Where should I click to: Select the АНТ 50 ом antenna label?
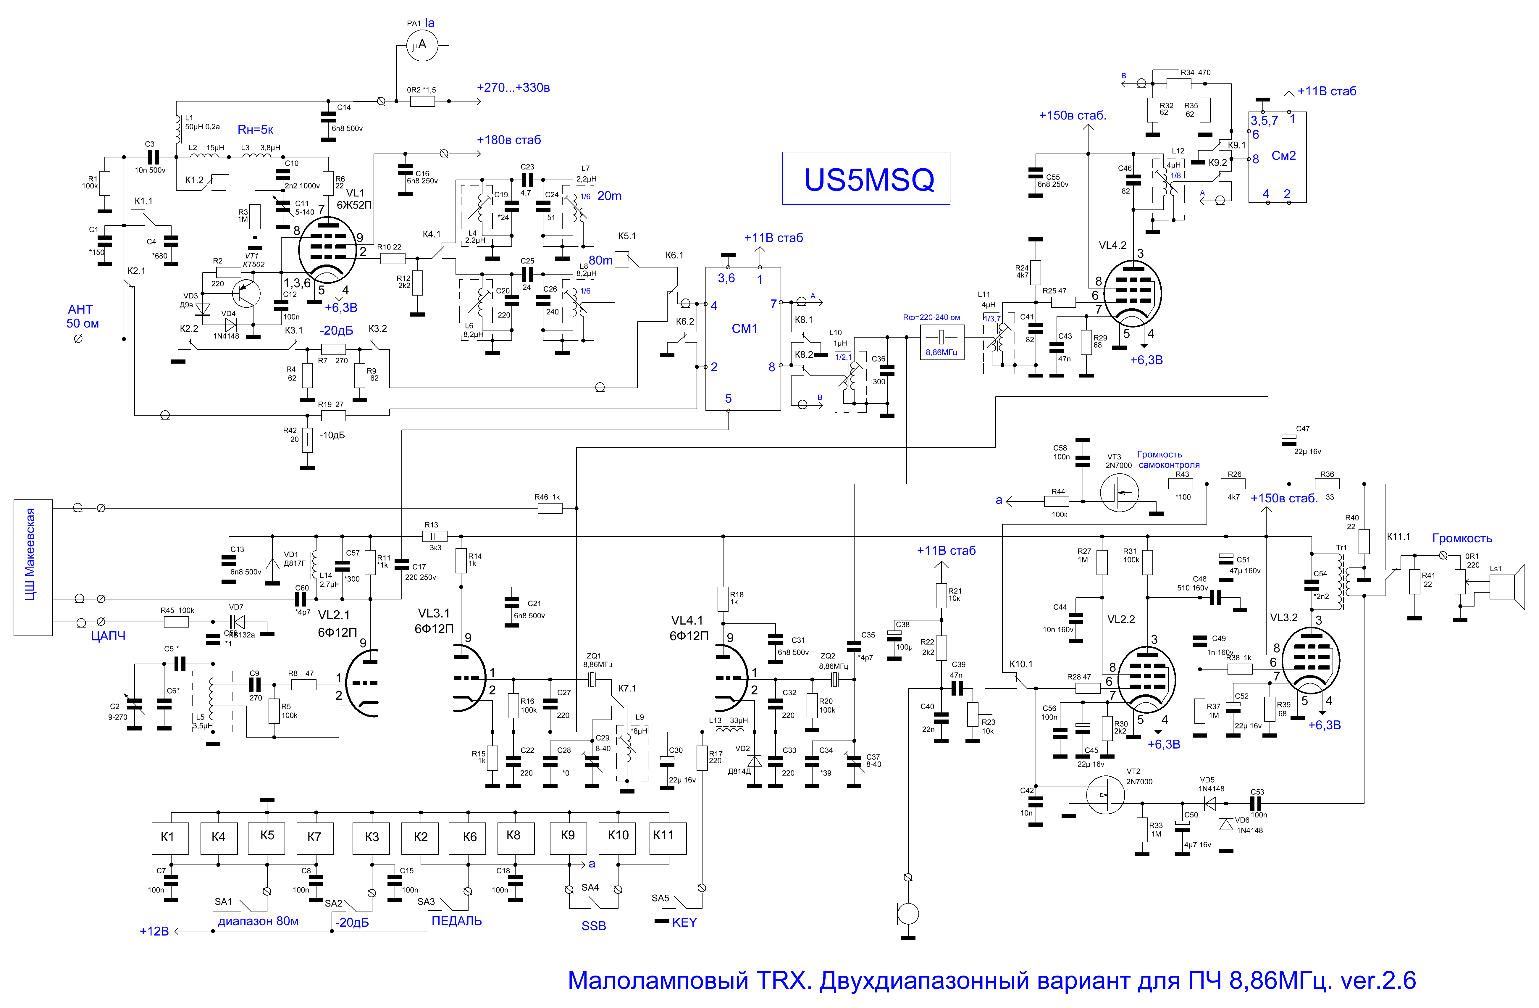(x=82, y=316)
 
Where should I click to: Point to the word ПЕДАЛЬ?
(x=456, y=921)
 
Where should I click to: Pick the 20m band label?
(x=609, y=195)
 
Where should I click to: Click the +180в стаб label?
(x=509, y=140)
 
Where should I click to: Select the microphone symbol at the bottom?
(x=908, y=914)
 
